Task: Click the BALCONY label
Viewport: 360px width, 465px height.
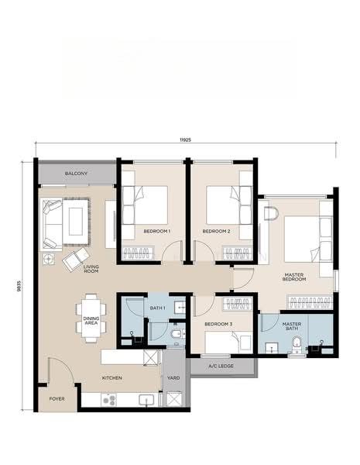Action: pos(76,173)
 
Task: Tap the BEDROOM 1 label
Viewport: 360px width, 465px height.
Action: pos(156,231)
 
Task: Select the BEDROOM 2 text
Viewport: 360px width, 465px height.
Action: pos(216,231)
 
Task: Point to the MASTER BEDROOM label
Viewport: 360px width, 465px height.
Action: pos(294,277)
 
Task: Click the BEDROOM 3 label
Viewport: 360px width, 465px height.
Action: pos(218,324)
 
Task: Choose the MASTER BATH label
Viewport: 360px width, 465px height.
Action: pos(292,326)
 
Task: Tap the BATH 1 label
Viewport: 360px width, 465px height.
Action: pos(157,308)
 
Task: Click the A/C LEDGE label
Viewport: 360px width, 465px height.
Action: pos(221,366)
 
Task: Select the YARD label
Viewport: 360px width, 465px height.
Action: pos(173,378)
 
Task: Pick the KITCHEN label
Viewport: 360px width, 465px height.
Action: pos(111,378)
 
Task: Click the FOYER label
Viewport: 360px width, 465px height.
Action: pos(57,399)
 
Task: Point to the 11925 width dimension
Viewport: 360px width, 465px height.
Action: pos(185,139)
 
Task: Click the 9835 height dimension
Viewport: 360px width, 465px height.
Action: pos(19,286)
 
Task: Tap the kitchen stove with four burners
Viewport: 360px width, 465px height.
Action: pos(108,400)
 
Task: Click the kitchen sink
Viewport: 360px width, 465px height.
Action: pos(146,400)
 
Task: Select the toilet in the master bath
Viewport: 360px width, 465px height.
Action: pos(296,346)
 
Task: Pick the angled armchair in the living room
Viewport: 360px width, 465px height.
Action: pos(76,259)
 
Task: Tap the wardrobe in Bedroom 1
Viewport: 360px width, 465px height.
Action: pos(139,253)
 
